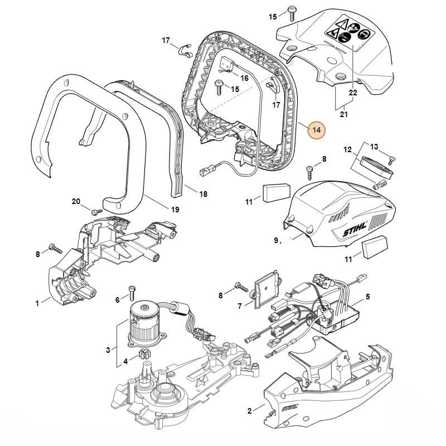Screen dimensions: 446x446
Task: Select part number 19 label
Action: [x=174, y=210]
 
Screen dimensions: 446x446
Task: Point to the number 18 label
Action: [x=203, y=193]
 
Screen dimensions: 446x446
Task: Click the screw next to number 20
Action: [x=95, y=211]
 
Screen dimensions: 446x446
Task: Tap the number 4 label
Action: [x=125, y=361]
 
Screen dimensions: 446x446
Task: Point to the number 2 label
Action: [x=249, y=411]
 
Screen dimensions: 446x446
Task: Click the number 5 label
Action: [x=367, y=296]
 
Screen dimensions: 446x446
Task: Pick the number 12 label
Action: [x=348, y=149]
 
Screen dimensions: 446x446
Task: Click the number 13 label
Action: [x=374, y=146]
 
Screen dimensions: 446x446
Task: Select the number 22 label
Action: [x=352, y=93]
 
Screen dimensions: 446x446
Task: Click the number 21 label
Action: [x=343, y=114]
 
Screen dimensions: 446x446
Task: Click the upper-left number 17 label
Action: [x=166, y=40]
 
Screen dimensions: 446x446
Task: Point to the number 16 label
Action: [x=244, y=77]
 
